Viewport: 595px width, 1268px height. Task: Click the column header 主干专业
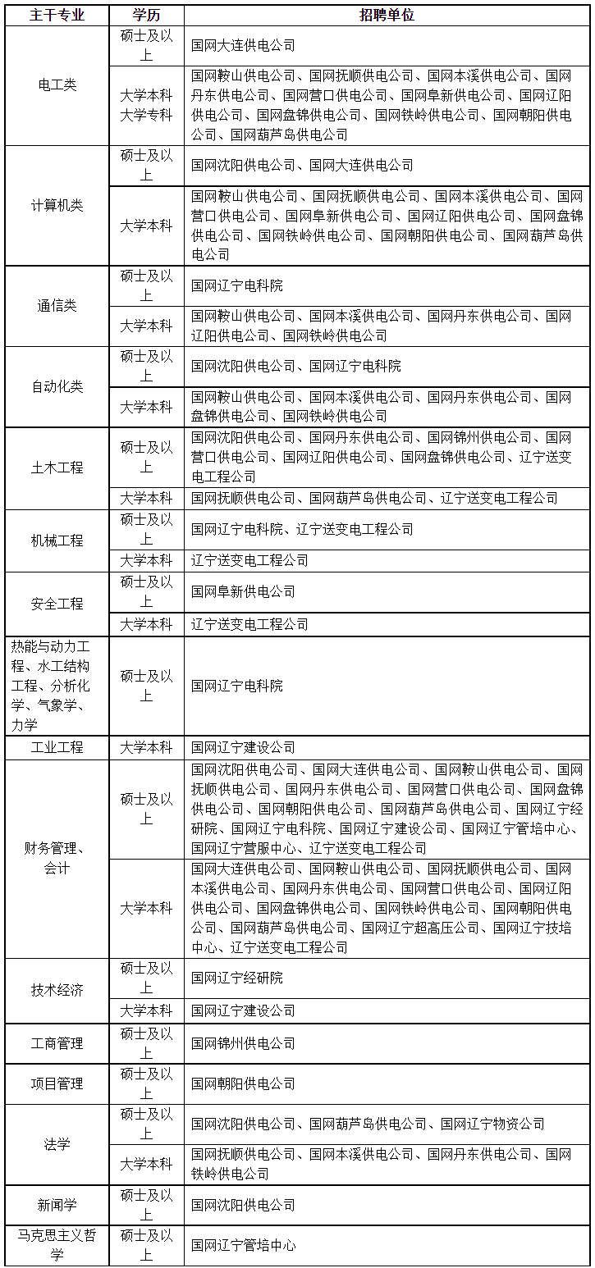click(x=57, y=16)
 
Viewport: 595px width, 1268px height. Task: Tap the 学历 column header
click(x=146, y=16)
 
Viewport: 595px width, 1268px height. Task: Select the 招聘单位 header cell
click(x=387, y=16)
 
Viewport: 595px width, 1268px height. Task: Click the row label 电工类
click(x=57, y=85)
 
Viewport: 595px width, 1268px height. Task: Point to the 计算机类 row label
click(x=57, y=205)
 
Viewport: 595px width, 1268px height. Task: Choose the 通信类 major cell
click(x=57, y=305)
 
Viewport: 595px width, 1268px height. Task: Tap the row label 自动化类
click(x=57, y=386)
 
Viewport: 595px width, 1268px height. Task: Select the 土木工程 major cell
click(x=57, y=468)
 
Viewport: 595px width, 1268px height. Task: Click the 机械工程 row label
click(x=57, y=540)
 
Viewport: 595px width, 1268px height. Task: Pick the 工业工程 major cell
click(x=57, y=747)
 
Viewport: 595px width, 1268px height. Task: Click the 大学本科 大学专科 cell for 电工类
click(x=146, y=105)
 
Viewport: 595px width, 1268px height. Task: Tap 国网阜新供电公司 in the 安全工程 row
click(x=243, y=591)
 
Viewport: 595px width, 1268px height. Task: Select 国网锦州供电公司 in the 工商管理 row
click(x=243, y=1043)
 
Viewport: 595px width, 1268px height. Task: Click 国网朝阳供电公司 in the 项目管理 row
click(x=243, y=1083)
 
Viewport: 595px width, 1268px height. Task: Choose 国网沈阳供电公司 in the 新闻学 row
click(x=243, y=1205)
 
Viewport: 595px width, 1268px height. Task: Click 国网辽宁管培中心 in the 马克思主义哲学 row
click(x=243, y=1245)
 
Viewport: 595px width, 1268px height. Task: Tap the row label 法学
click(x=57, y=1144)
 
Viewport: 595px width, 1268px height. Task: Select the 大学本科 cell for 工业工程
click(x=146, y=747)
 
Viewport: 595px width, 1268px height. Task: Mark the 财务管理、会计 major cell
click(x=57, y=857)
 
